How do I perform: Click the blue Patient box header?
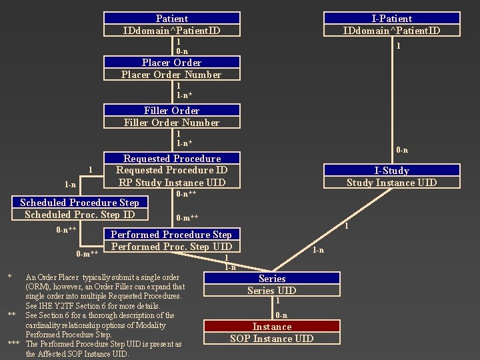click(172, 19)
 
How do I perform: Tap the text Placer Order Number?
click(171, 75)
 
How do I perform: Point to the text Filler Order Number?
click(171, 123)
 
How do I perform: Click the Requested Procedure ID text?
click(172, 170)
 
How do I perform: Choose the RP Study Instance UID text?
click(172, 182)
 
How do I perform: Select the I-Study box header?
click(391, 171)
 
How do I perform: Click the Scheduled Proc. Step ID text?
click(80, 214)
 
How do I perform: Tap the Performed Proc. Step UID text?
click(171, 247)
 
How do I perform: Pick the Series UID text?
click(271, 291)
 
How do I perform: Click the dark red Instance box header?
click(271, 327)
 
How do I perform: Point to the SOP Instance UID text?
click(271, 339)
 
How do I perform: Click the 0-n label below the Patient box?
click(182, 51)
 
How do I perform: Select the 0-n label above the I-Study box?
click(402, 150)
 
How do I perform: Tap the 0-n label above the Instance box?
click(281, 315)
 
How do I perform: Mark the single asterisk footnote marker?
click(9, 277)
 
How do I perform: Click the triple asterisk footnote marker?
click(13, 344)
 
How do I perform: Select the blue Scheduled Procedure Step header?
click(80, 203)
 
